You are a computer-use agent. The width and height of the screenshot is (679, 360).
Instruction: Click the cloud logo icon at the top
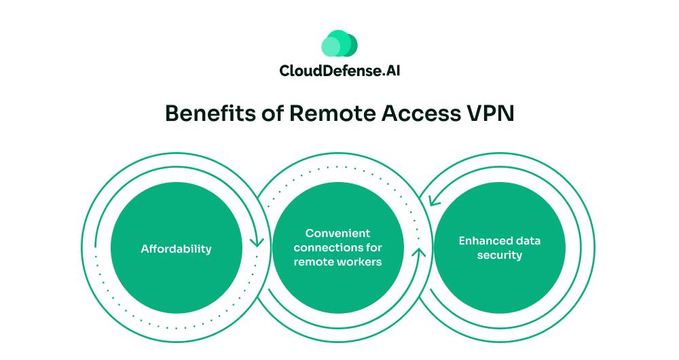339,43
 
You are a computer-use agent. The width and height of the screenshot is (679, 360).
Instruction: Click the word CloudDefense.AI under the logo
339,70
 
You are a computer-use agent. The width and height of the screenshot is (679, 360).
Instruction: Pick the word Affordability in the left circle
177,249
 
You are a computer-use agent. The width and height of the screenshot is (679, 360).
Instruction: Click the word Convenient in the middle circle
337,234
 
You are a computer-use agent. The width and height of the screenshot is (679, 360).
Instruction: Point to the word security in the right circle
499,255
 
